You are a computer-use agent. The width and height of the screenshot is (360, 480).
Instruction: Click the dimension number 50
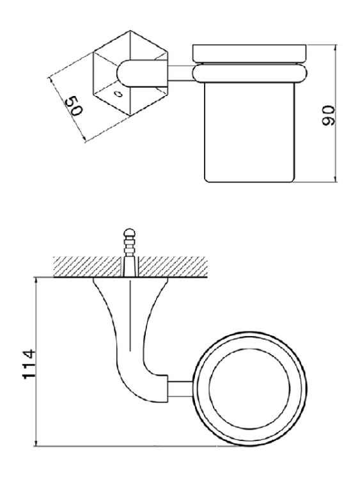[x=74, y=106]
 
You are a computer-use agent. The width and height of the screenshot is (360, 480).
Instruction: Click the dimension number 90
[x=329, y=115]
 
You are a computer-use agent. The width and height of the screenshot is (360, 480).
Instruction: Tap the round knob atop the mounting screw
[x=130, y=232]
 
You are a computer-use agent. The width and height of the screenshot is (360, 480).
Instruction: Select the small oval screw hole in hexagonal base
[x=118, y=93]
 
